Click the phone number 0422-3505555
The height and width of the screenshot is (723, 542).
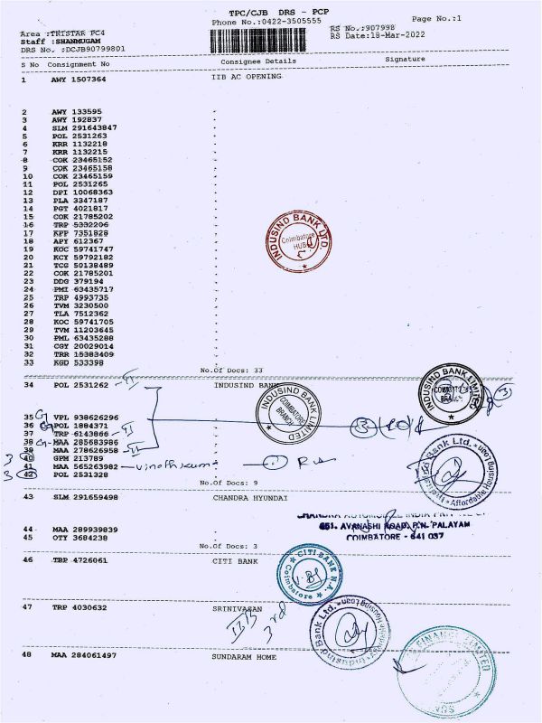tap(279, 21)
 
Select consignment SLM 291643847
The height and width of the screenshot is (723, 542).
tap(83, 127)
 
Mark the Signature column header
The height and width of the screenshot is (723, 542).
tap(404, 60)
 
